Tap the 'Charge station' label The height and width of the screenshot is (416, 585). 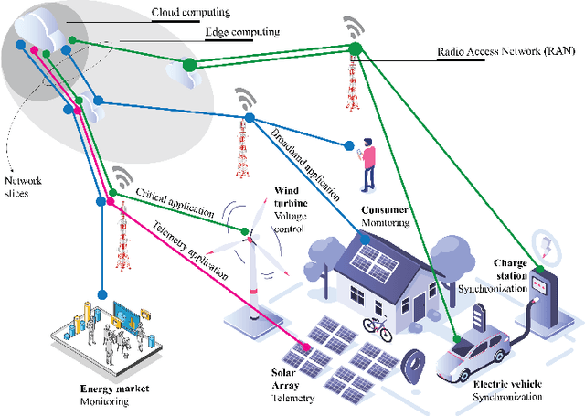507,267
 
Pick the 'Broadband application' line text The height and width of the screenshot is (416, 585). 304,165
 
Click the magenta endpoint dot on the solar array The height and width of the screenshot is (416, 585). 305,347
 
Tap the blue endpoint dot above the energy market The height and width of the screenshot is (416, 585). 103,297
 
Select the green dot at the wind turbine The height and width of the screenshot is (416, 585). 245,230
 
